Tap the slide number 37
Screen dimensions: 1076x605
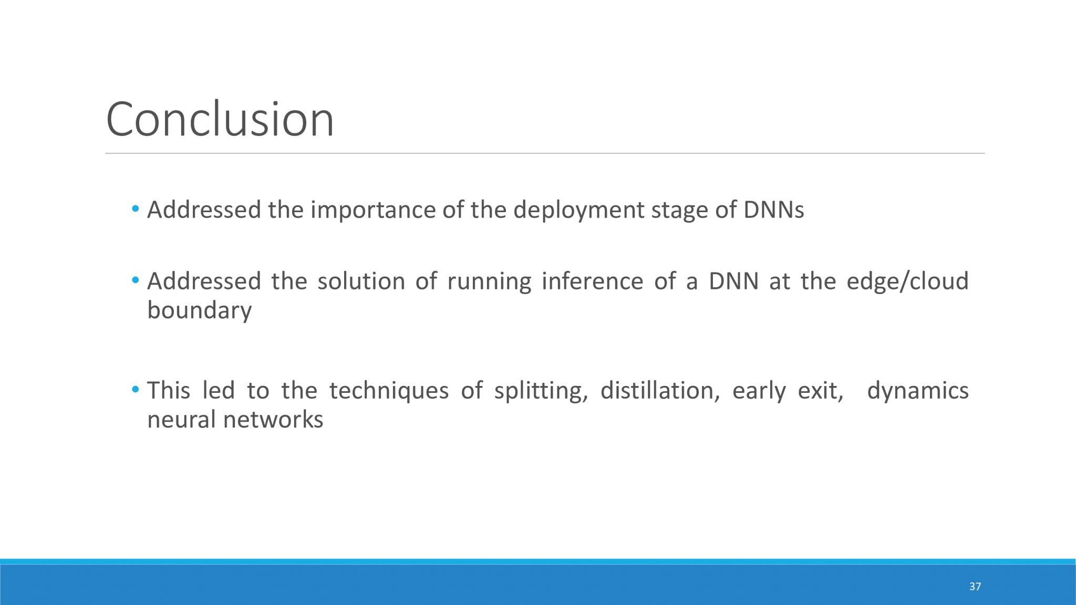(975, 587)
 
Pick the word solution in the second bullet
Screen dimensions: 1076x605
(361, 281)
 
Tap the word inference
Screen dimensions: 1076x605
(593, 281)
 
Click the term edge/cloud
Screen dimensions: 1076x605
(908, 281)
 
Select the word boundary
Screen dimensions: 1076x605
(200, 310)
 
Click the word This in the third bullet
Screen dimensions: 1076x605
(169, 390)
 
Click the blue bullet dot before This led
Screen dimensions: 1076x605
(136, 390)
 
